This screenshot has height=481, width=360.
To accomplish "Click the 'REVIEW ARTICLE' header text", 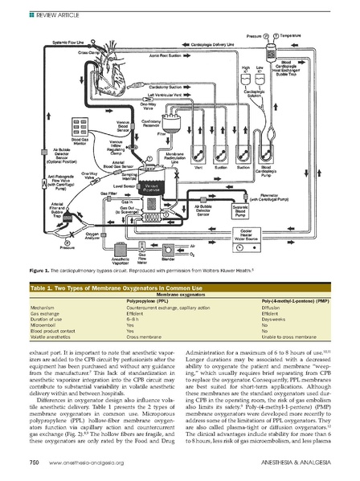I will (x=34, y=10).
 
